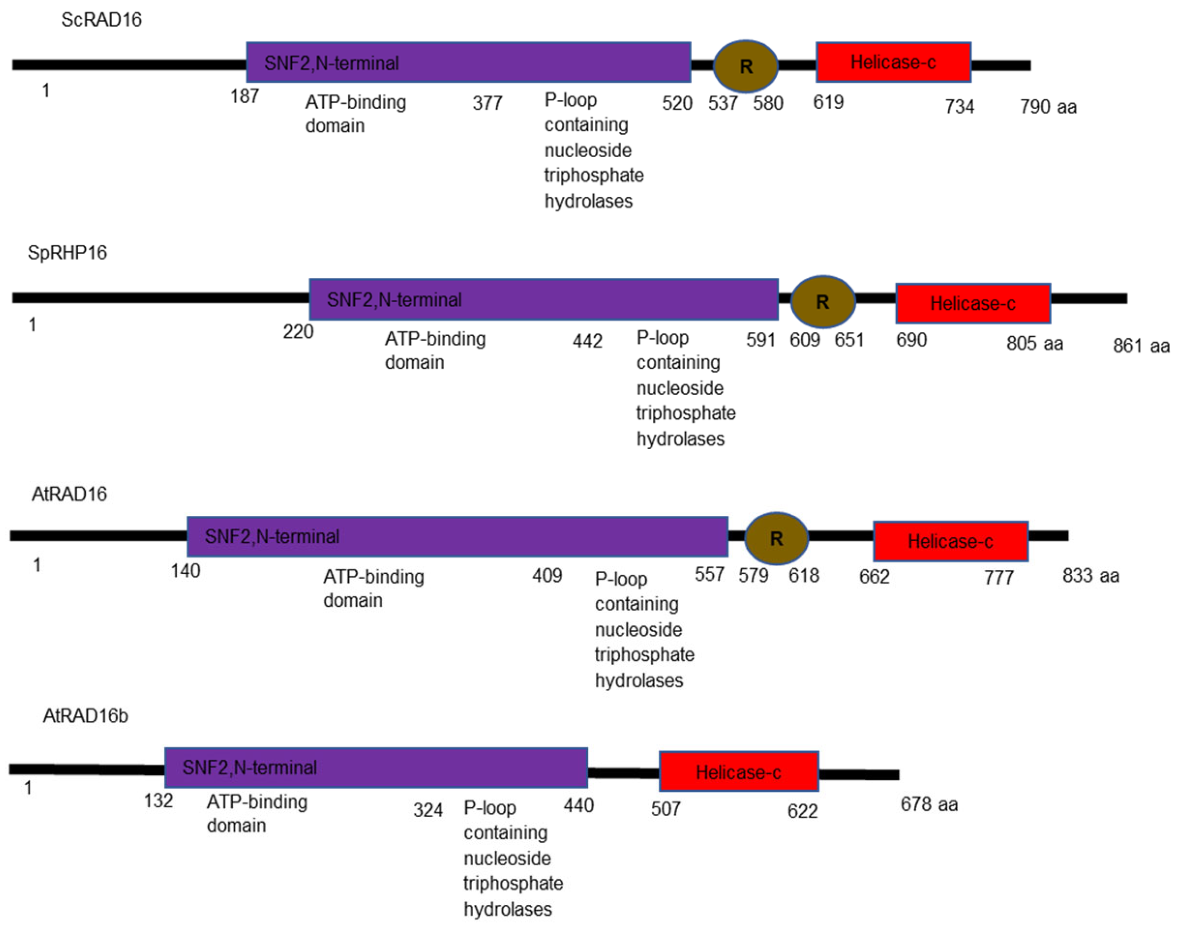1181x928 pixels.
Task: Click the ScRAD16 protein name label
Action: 101,20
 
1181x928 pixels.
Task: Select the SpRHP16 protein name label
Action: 67,253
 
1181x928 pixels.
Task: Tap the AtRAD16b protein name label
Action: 85,716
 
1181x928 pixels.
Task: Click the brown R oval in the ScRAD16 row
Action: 746,66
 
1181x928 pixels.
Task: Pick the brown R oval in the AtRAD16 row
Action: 776,539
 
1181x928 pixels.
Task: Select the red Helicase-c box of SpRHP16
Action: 973,303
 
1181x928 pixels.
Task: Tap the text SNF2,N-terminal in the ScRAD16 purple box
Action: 331,63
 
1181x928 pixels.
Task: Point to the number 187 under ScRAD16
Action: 244,96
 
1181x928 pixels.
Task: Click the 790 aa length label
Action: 1048,106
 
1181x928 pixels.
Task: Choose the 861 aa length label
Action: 1141,345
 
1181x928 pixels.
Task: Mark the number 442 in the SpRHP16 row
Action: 587,341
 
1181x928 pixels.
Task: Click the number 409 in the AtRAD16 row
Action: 547,576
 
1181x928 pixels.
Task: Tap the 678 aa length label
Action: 929,804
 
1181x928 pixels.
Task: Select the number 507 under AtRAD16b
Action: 665,809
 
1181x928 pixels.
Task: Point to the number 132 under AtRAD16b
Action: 158,801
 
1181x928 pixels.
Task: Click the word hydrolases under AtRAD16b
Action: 507,909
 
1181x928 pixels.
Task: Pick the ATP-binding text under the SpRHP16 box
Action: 435,339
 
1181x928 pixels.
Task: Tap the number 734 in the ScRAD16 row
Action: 959,106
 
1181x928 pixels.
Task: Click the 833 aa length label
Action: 1091,576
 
